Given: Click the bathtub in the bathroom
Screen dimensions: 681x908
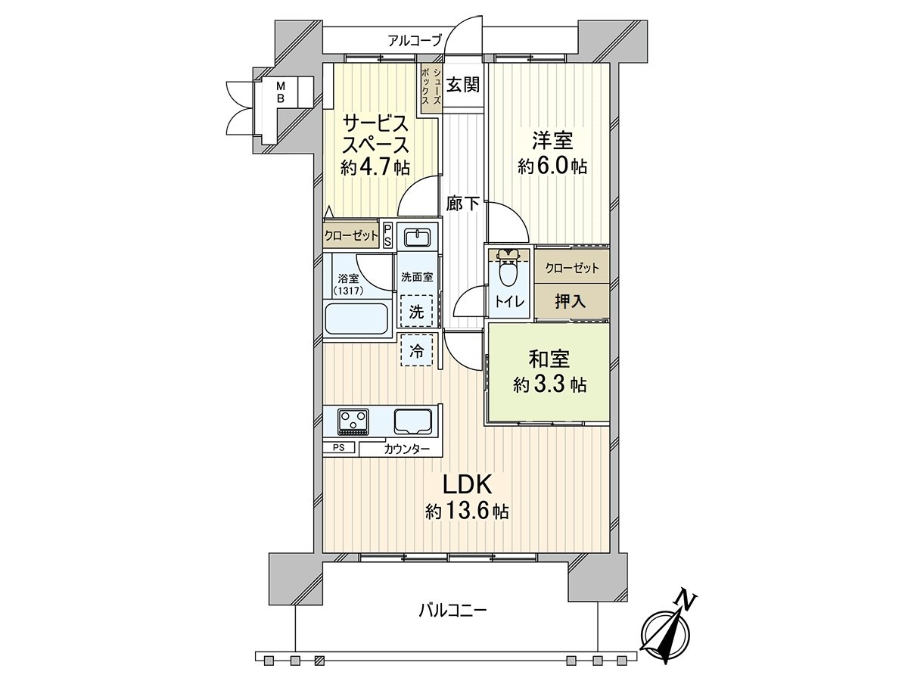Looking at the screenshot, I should (356, 319).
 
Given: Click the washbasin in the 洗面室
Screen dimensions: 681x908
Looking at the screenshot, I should (416, 238).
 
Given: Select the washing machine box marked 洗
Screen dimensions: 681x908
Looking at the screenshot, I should (416, 310).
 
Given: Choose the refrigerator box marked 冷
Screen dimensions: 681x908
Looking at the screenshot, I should (417, 350).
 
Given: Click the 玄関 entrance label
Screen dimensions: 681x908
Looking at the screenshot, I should (462, 85).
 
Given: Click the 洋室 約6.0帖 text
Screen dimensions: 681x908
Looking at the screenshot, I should (552, 154).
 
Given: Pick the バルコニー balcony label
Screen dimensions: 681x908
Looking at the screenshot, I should (452, 608).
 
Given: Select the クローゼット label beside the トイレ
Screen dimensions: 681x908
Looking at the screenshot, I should (572, 268).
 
